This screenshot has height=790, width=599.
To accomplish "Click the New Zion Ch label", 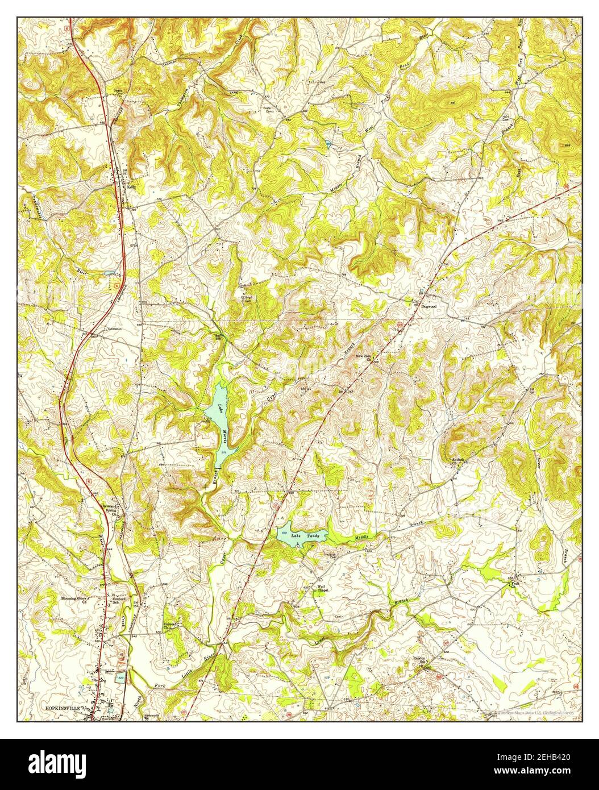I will tap(363, 358).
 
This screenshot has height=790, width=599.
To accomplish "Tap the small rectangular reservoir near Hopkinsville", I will tap(120, 678).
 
